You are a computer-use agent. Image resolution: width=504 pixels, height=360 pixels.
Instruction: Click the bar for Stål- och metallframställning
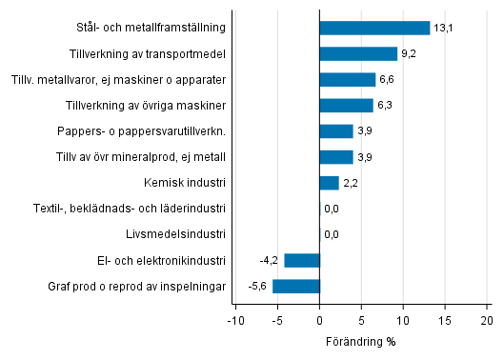pyautogui.click(x=374, y=28)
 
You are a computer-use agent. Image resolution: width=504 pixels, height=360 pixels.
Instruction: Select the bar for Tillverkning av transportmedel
pyautogui.click(x=358, y=53)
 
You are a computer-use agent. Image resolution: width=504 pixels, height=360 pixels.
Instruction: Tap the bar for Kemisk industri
pyautogui.click(x=329, y=183)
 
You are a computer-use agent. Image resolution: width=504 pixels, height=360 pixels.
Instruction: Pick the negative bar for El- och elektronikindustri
pyautogui.click(x=302, y=260)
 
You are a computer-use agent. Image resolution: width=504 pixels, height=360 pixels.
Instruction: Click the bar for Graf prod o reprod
pyautogui.click(x=296, y=286)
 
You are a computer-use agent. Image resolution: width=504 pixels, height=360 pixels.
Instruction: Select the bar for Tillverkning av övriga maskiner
pyautogui.click(x=346, y=105)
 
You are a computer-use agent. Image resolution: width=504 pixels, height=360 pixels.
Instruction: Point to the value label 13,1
pyautogui.click(x=443, y=28)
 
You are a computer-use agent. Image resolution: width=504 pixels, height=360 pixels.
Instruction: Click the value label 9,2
pyautogui.click(x=410, y=54)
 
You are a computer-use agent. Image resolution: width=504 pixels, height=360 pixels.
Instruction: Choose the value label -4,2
pyautogui.click(x=270, y=261)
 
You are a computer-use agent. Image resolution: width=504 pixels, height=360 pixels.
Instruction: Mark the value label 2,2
pyautogui.click(x=352, y=183)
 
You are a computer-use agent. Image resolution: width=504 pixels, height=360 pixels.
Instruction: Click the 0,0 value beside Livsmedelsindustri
pyautogui.click(x=332, y=234)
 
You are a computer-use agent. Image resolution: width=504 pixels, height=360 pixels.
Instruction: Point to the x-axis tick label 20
pyautogui.click(x=487, y=320)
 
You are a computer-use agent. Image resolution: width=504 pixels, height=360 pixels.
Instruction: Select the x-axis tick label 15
pyautogui.click(x=445, y=320)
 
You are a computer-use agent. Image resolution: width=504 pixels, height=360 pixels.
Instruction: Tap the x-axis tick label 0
pyautogui.click(x=320, y=320)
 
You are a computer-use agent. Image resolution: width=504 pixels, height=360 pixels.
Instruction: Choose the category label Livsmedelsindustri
pyautogui.click(x=175, y=234)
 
